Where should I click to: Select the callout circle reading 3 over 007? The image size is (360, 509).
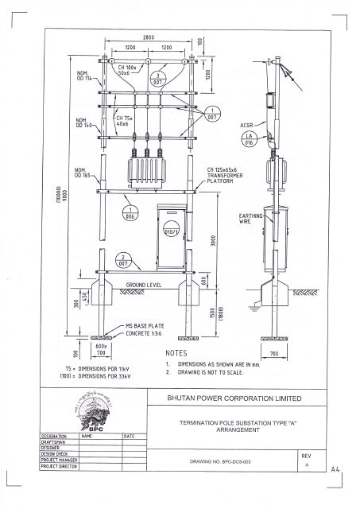coord(158,77)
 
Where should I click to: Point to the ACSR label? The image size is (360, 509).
coord(247,126)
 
